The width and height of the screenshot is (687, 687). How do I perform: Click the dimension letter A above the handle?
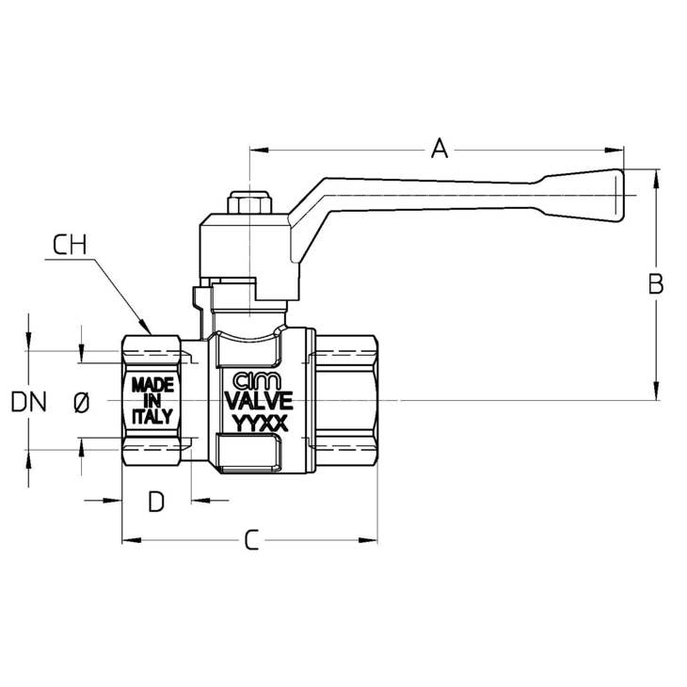pyautogui.click(x=439, y=148)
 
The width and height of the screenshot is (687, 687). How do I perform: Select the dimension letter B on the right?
pyautogui.click(x=655, y=284)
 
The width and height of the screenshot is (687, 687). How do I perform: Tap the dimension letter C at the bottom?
pyautogui.click(x=251, y=540)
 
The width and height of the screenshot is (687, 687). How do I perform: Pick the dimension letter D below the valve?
pyautogui.click(x=156, y=502)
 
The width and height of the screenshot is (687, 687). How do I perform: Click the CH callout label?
pyautogui.click(x=70, y=245)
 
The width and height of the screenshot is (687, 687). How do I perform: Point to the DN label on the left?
pyautogui.click(x=28, y=402)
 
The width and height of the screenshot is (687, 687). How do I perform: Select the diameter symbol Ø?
pyautogui.click(x=82, y=403)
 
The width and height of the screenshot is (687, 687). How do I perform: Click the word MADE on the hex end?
pyautogui.click(x=152, y=386)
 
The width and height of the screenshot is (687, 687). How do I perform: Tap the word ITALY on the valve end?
pyautogui.click(x=152, y=416)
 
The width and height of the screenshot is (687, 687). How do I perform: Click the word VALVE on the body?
pyautogui.click(x=259, y=400)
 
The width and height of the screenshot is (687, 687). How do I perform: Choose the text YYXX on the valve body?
pyautogui.click(x=260, y=423)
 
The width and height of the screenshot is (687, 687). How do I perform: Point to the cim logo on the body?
pyautogui.click(x=257, y=381)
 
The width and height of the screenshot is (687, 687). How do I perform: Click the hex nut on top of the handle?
pyautogui.click(x=249, y=202)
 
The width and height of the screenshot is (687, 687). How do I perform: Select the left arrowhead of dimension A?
pyautogui.click(x=259, y=151)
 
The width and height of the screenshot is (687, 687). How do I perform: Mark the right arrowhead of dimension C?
pyautogui.click(x=368, y=540)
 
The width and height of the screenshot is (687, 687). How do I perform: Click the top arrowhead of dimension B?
pyautogui.click(x=656, y=178)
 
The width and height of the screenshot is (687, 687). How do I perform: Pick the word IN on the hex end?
pyautogui.click(x=152, y=401)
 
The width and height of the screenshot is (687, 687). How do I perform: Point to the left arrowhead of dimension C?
pyautogui.click(x=132, y=540)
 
